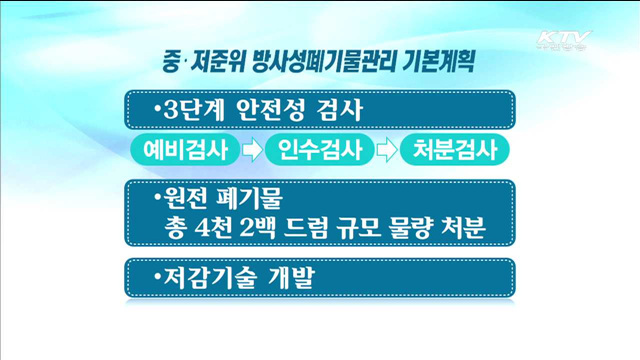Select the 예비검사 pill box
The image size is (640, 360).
point(185,152)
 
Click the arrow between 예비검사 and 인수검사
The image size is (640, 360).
point(251,152)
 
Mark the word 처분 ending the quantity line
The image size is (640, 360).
point(466,226)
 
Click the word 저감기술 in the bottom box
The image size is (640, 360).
point(208,277)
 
